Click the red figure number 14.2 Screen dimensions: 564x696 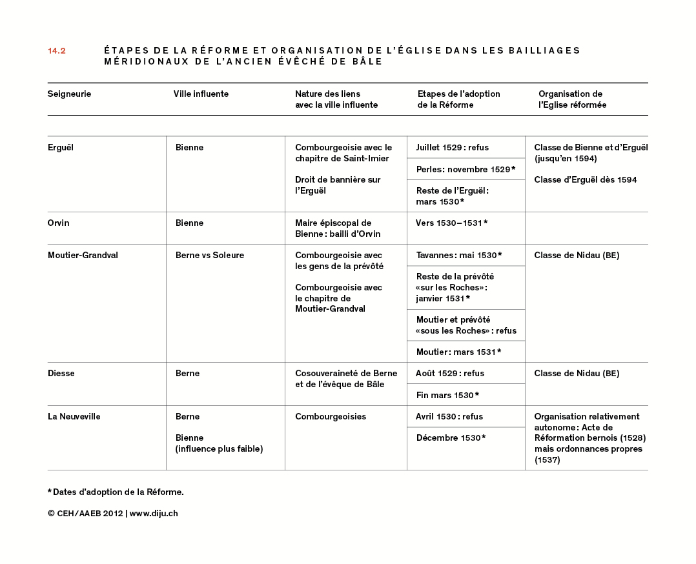[57, 51]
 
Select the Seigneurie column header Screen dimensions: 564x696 [69, 94]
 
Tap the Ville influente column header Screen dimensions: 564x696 [201, 94]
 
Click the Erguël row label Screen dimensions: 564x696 [61, 148]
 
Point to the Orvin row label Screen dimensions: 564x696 [58, 223]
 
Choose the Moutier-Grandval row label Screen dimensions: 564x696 [83, 256]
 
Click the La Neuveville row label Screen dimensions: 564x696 [74, 417]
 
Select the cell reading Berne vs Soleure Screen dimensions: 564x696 [210, 256]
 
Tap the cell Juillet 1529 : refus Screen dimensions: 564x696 [453, 148]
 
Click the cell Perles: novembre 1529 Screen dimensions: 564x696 [466, 169]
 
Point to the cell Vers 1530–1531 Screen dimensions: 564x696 [452, 223]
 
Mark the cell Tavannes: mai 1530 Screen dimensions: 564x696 [459, 256]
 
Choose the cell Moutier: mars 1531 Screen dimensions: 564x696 [458, 352]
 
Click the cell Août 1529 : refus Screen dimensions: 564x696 [450, 374]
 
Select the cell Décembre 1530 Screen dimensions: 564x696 [451, 438]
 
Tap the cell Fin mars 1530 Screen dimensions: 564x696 [447, 395]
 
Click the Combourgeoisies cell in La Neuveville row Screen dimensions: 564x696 [331, 417]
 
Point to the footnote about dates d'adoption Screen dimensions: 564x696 [116, 492]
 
